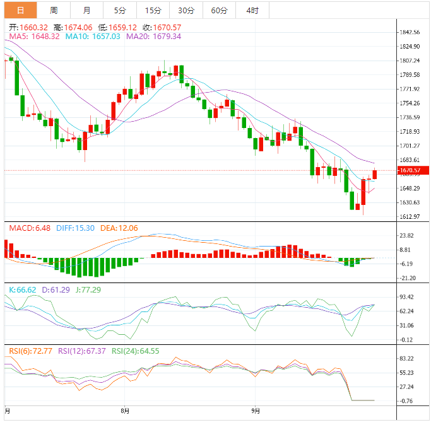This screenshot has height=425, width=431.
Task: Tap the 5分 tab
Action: tap(120, 10)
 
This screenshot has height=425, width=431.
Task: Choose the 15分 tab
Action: tap(153, 10)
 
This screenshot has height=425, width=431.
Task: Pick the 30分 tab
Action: tap(186, 10)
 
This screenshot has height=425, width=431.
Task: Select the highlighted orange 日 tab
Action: tap(21, 10)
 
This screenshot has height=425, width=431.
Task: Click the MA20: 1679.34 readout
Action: tap(153, 37)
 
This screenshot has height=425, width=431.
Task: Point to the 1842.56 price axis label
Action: tap(410, 32)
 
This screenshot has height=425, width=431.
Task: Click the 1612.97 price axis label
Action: tap(410, 217)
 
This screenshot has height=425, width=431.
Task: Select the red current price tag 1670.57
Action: tap(413, 170)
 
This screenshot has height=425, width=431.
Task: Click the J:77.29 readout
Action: tap(88, 289)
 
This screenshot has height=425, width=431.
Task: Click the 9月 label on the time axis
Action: tap(255, 411)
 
